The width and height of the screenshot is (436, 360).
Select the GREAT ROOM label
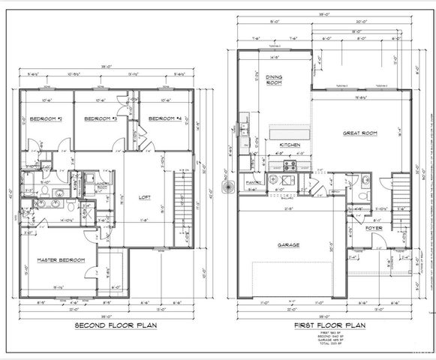click(360, 133)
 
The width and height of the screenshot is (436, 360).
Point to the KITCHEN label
click(290, 144)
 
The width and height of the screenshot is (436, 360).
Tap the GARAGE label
click(288, 244)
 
